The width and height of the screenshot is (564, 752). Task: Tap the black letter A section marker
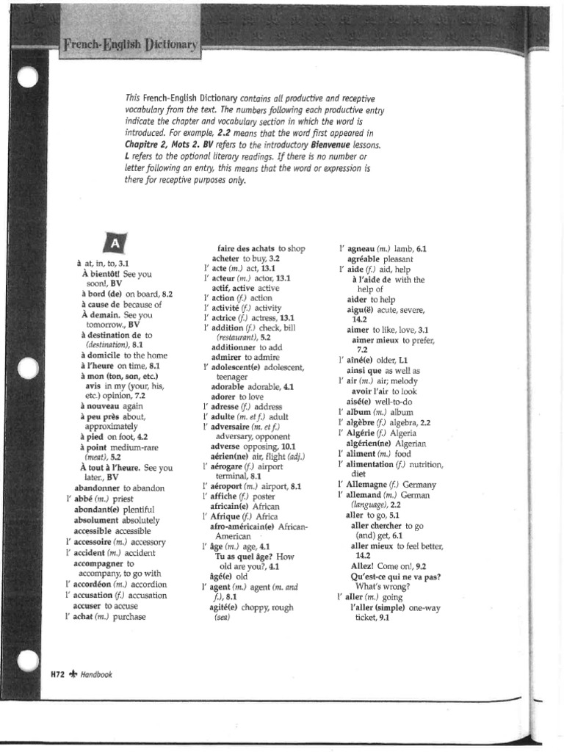[x=116, y=243]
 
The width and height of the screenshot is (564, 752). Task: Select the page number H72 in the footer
[x=59, y=673]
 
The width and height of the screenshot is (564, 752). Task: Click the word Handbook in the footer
[x=97, y=673]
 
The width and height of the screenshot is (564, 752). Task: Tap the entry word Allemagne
[x=372, y=485]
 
